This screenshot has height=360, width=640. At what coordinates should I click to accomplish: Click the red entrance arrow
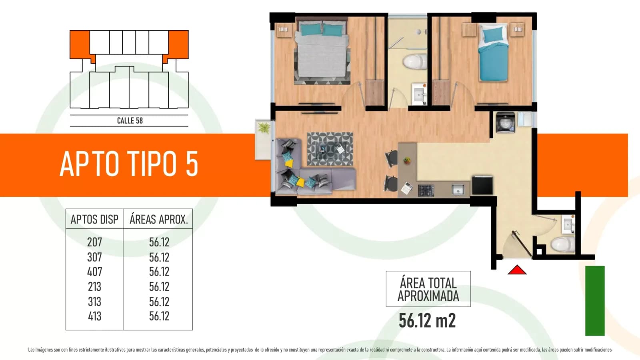517,270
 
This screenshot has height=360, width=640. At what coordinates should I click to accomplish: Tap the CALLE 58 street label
130,120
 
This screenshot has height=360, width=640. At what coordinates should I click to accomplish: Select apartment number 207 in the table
94,242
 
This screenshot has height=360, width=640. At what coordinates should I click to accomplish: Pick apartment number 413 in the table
94,316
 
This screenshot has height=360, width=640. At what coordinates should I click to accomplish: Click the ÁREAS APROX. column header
159,220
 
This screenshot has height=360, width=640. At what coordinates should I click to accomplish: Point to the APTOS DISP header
94,220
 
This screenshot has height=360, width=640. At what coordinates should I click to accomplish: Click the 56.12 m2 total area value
427,320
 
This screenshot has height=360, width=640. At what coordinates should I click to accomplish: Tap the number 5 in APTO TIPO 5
192,164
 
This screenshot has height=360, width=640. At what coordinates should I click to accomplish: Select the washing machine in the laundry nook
506,122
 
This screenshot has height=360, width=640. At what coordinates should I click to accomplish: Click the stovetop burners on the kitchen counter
426,190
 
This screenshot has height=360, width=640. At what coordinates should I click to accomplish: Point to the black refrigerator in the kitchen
482,185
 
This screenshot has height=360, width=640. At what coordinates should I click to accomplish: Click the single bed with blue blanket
493,52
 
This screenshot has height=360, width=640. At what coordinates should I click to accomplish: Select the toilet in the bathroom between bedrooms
414,61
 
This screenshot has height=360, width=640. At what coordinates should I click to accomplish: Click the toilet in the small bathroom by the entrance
562,244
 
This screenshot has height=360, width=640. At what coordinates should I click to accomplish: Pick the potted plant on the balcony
264,128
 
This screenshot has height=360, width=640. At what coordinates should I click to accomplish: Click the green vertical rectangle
595,301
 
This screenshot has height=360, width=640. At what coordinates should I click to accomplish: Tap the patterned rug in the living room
330,149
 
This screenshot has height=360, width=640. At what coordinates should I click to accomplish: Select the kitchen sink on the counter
458,190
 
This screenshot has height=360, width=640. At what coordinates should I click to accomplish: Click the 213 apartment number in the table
94,286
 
